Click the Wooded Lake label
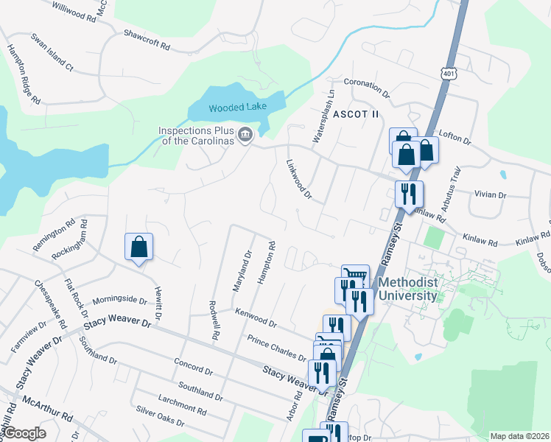236,108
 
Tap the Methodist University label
407,290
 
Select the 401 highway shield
449,72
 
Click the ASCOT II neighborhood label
356,114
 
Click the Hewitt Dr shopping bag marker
139,248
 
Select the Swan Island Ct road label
52,52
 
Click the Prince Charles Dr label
277,348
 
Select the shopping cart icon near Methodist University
355,276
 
